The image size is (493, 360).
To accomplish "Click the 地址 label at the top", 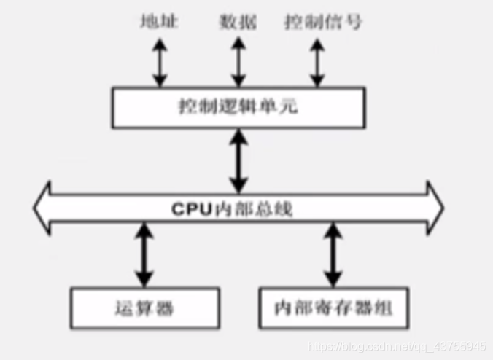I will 159,22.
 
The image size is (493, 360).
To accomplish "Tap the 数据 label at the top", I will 238,22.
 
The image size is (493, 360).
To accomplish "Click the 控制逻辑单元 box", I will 238,107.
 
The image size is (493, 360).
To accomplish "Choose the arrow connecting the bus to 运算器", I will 144,254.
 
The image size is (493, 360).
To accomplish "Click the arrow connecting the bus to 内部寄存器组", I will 333,254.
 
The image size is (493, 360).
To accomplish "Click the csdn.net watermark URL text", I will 397,345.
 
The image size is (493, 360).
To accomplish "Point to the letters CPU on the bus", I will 190,208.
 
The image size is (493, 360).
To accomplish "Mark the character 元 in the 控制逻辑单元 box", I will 290,107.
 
